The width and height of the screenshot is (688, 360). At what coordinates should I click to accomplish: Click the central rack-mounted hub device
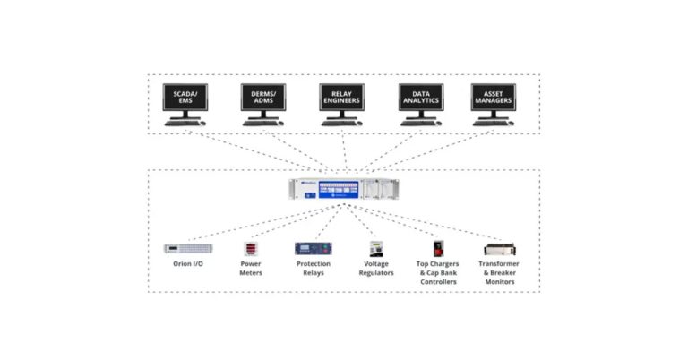(342, 190)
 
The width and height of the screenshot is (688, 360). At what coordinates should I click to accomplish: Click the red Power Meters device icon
(250, 248)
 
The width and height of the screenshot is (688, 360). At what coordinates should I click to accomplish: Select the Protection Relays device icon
(313, 248)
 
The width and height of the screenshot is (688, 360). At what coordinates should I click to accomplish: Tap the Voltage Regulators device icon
(376, 248)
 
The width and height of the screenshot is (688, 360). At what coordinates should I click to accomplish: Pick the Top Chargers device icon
(438, 248)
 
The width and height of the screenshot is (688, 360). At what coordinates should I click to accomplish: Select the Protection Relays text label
(313, 269)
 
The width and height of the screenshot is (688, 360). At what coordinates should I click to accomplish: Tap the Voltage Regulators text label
(376, 269)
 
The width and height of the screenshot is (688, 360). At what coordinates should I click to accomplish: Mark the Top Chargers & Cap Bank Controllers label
(438, 273)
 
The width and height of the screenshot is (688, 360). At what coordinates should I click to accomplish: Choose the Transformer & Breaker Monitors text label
(500, 273)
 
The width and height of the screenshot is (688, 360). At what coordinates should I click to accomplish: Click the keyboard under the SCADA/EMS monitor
(181, 124)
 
